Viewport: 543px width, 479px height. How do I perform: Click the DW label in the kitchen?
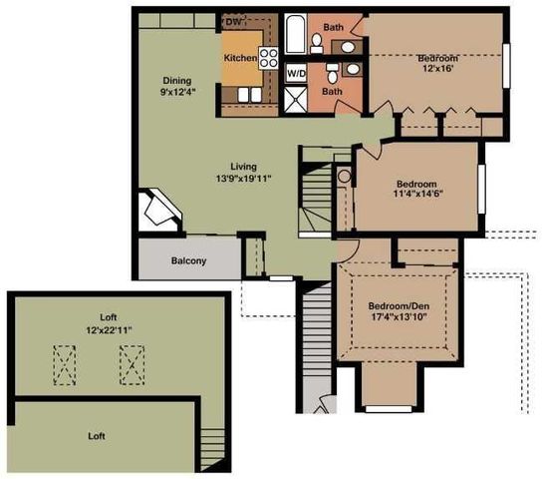[x=233, y=22]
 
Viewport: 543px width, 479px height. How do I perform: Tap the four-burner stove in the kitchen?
[x=269, y=58]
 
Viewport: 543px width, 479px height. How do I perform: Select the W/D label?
[x=297, y=74]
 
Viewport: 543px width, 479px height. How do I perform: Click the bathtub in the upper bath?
[x=295, y=34]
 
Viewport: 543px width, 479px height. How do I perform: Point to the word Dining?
[x=177, y=81]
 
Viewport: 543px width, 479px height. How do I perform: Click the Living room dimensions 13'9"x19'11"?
[x=243, y=179]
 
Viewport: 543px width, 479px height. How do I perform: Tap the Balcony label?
[x=188, y=260]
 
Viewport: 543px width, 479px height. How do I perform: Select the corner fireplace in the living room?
[x=159, y=211]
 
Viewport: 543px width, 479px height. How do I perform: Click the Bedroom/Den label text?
[x=399, y=306]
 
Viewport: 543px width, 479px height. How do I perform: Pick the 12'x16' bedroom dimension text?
[x=438, y=68]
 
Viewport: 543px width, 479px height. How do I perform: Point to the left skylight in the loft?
[x=65, y=365]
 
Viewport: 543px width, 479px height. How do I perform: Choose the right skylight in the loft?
[x=132, y=365]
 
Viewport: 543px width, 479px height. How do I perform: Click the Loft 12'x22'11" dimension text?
[x=109, y=329]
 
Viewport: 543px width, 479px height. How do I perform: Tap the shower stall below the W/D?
[x=295, y=100]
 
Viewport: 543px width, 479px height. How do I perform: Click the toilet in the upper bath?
[x=316, y=43]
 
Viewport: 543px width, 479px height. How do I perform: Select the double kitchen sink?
[x=249, y=95]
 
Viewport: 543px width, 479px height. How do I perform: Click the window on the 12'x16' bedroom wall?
[x=506, y=66]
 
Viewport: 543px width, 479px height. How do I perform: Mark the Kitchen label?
[x=241, y=58]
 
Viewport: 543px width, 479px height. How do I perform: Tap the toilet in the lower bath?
[x=332, y=73]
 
